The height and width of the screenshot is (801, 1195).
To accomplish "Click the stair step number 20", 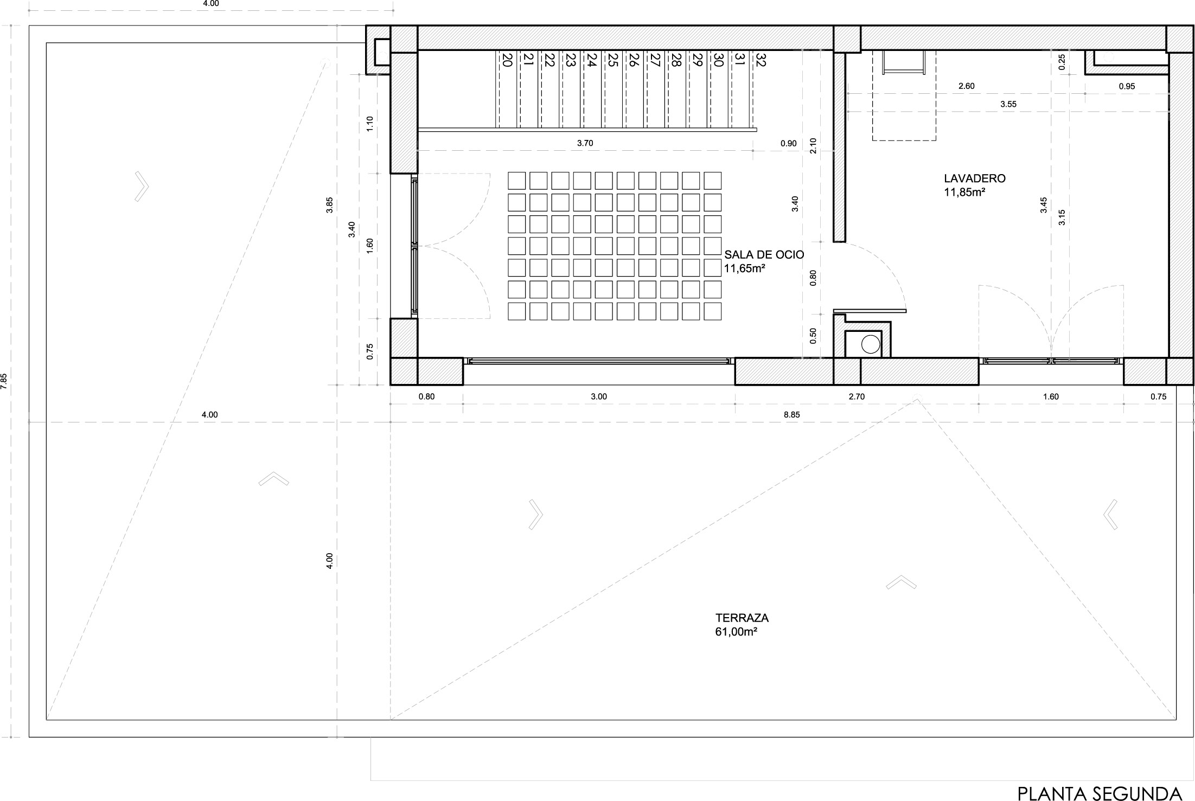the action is coord(507,60).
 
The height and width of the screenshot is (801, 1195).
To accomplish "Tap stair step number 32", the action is coord(760,60).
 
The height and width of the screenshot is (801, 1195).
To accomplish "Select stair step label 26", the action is coord(634,60).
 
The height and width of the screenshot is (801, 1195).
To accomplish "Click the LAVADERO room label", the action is coord(975,178).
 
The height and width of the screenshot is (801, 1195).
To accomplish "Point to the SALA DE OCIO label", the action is coord(764,254).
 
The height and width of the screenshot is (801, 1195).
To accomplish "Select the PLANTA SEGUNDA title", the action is coord(1099,793).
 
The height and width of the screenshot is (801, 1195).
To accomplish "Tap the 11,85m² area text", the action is coord(964,192).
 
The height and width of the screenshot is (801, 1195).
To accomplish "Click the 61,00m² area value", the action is coord(736,632).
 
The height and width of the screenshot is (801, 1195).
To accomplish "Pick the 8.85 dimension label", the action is coord(792,415).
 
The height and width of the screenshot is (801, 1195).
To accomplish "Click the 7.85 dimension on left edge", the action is coord(4,381).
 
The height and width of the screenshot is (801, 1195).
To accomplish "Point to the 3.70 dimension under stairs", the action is coord(585,143).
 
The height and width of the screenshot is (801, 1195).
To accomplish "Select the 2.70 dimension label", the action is coord(857,396).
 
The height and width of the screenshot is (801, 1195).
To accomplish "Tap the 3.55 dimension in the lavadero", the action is coord(1008,104).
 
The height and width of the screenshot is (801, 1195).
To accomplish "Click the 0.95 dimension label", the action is coord(1127,86).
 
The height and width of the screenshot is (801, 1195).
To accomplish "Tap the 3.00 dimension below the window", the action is coord(599,396).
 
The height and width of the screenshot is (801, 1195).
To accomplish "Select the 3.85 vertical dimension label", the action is coord(329,205).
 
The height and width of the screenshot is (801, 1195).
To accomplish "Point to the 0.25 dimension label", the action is coord(1062,61).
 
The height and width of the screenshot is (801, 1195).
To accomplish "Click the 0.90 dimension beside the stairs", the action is coord(789,143).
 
